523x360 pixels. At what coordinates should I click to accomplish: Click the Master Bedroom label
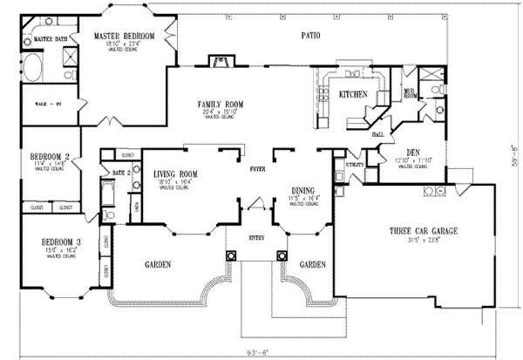125,35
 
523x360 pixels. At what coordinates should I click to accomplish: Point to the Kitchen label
352,94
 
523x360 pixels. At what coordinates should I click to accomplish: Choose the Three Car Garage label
425,231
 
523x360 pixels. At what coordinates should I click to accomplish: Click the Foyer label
258,169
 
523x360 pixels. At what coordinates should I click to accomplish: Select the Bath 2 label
120,173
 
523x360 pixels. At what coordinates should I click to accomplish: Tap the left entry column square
233,256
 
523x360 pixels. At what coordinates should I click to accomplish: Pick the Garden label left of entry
158,264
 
